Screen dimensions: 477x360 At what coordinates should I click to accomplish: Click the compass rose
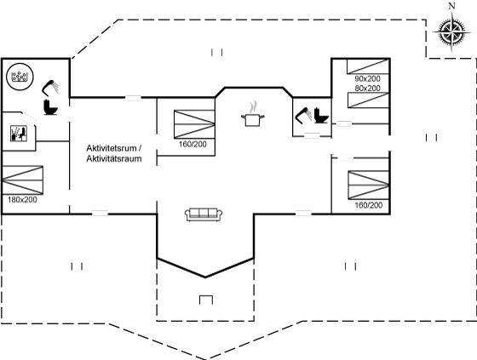point(451,31)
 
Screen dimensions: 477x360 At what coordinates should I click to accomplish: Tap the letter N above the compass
point(452,6)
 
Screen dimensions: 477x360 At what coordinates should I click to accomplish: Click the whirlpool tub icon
point(20,77)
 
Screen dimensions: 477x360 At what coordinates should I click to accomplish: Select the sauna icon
point(19,134)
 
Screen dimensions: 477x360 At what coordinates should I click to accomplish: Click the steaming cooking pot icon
point(252,114)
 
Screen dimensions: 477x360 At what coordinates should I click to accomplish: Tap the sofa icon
point(204,214)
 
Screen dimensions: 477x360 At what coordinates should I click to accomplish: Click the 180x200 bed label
point(22,200)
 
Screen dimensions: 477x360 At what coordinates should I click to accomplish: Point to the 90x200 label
point(367,79)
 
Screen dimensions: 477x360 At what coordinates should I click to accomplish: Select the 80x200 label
point(367,89)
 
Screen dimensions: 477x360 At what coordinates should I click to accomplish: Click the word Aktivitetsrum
point(112,148)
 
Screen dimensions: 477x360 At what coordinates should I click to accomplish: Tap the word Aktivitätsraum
point(114,158)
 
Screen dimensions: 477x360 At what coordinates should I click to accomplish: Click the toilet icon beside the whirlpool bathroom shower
point(50,106)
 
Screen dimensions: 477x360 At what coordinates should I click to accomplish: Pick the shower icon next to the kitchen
point(303,116)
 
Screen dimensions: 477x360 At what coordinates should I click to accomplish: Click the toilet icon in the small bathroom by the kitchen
point(321,116)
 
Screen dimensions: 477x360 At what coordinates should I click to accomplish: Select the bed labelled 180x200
point(22,180)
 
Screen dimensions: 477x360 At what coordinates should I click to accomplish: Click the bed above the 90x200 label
point(368,66)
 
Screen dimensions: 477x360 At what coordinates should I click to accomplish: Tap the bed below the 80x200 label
point(368,100)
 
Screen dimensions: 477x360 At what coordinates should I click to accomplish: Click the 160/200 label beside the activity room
point(193,144)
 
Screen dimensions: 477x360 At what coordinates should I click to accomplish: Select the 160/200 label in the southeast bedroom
point(369,205)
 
